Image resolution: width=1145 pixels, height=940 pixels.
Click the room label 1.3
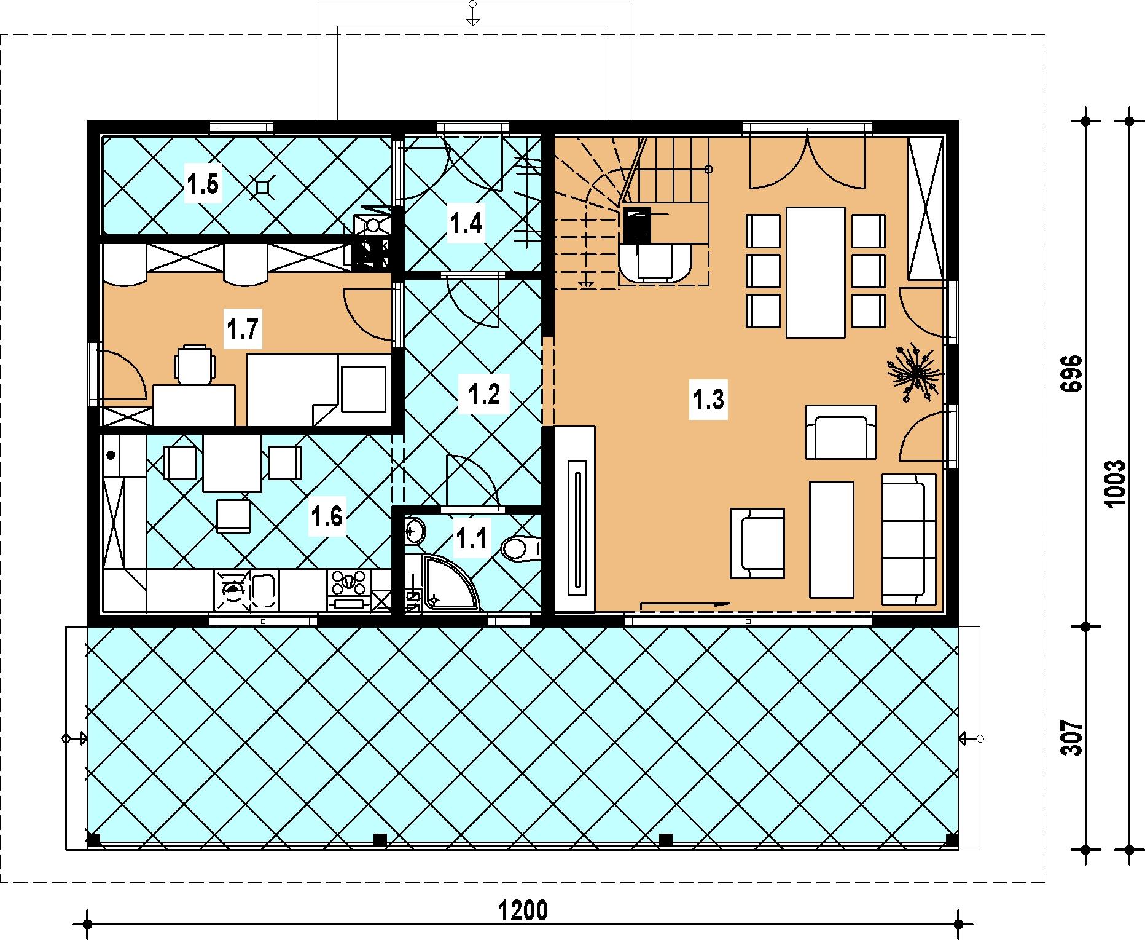pos(708,400)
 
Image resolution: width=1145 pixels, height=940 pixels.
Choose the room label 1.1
pos(471,539)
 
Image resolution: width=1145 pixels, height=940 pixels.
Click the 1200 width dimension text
pos(523,910)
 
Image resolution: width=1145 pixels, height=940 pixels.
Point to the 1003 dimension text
pos(1113,484)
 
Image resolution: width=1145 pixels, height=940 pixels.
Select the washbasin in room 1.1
pos(415,531)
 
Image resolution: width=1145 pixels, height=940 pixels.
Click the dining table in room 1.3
pos(816,272)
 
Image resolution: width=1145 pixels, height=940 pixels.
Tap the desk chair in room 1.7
pos(195,364)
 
